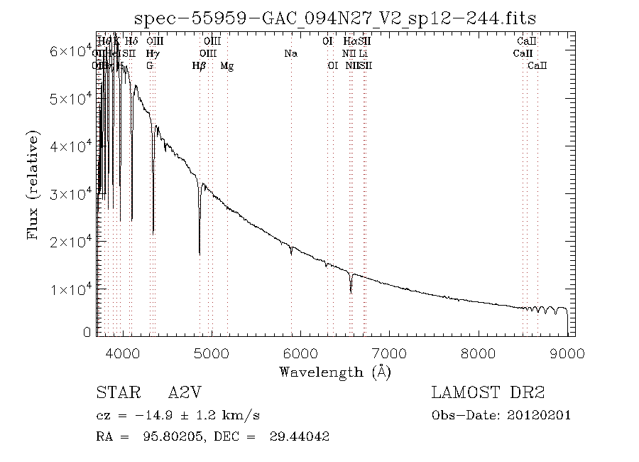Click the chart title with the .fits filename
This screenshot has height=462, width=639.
click(x=335, y=18)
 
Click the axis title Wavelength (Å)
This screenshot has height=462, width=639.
click(x=335, y=372)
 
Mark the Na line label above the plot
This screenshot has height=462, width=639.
click(x=290, y=54)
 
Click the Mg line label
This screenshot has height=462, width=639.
click(x=227, y=66)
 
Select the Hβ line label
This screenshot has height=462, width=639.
click(x=200, y=66)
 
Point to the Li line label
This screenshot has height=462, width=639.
click(x=363, y=54)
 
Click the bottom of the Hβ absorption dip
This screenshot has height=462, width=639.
click(x=200, y=253)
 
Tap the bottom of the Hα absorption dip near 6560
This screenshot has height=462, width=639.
click(x=351, y=292)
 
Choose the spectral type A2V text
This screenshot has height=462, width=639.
click(x=185, y=393)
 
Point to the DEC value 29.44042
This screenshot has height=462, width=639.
click(x=299, y=436)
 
